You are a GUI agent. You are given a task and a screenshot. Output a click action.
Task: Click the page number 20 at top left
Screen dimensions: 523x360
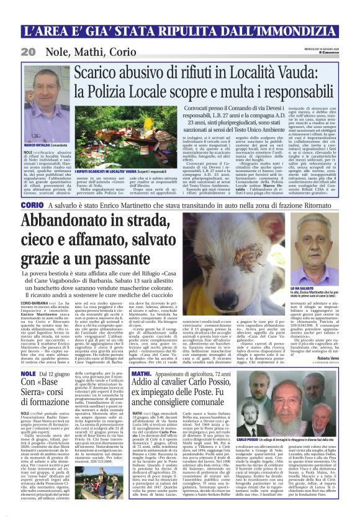(x=28, y=51)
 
